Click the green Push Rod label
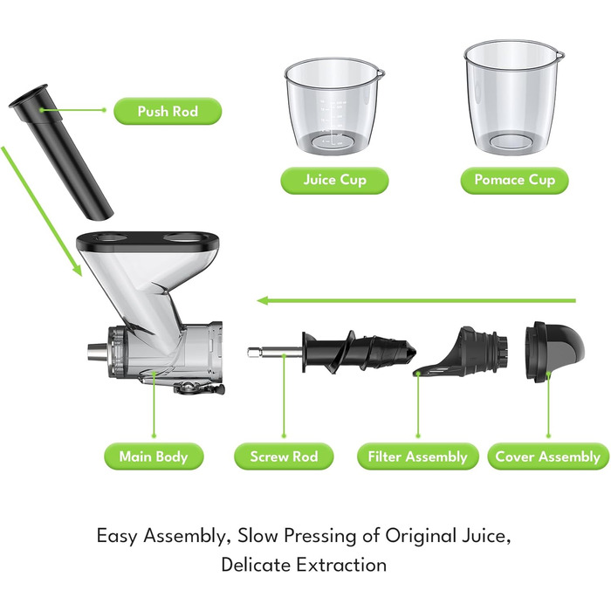168,111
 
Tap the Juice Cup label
334,180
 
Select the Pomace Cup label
514,180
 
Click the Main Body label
154,457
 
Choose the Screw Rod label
284,457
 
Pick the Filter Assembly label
418,457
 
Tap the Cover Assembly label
548,457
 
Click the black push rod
60,152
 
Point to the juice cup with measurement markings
334,106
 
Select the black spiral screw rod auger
359,352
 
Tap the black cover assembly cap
554,352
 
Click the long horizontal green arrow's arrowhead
262,300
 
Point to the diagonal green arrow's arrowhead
77,270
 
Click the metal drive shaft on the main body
97,352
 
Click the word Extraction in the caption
342,564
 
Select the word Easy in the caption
117,536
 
